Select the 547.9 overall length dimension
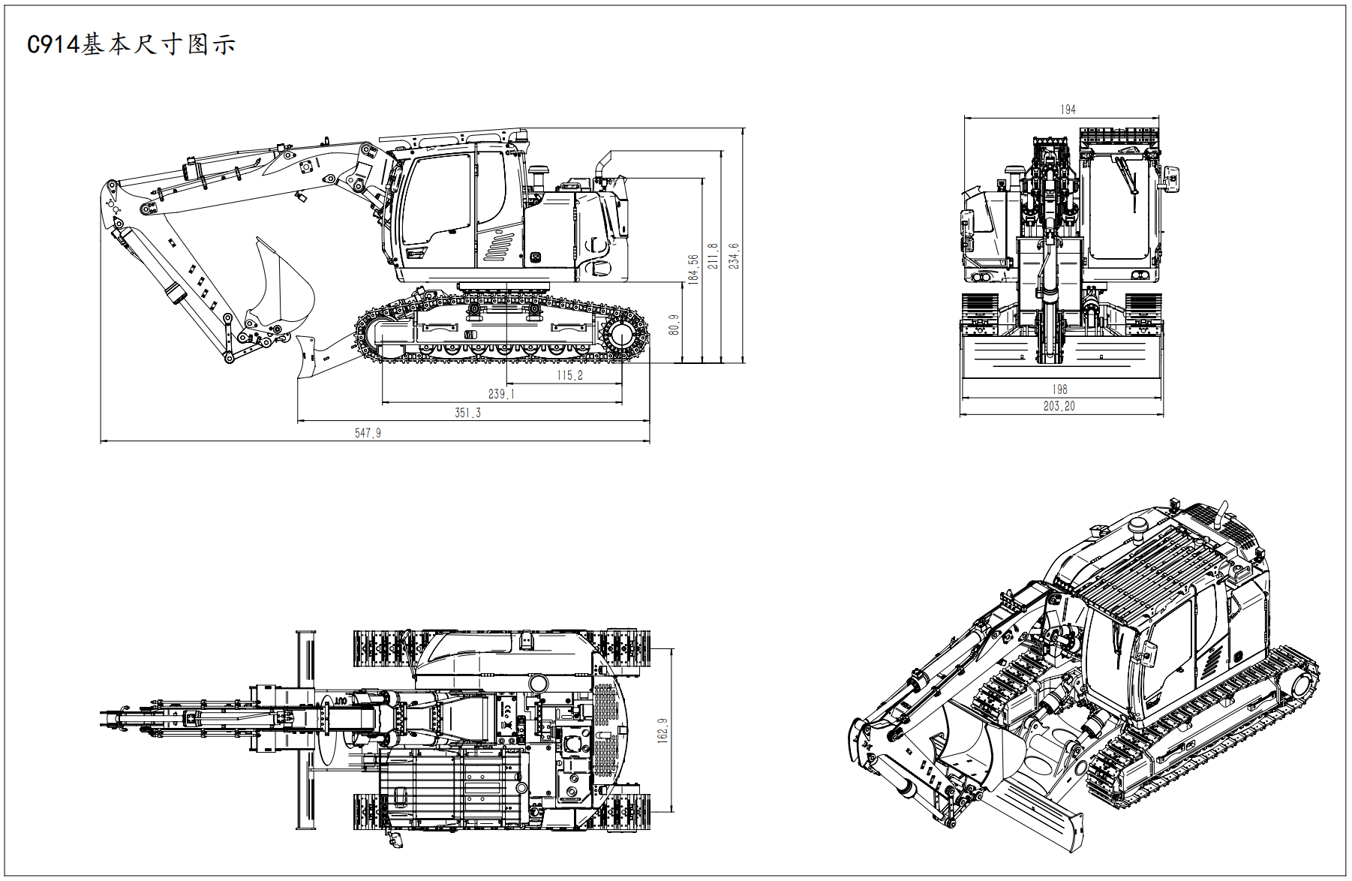click(x=368, y=433)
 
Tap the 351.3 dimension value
click(x=467, y=413)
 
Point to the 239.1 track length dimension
click(x=501, y=394)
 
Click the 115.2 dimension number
click(x=569, y=375)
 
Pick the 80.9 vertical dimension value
click(x=674, y=325)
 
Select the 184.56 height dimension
click(x=693, y=269)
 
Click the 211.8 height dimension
click(x=713, y=256)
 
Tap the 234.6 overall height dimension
click(x=734, y=256)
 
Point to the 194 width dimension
click(x=1068, y=110)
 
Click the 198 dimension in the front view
click(x=1059, y=389)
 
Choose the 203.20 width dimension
click(x=1059, y=406)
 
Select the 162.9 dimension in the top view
click(x=662, y=730)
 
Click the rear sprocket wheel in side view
click(x=621, y=335)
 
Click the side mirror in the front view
click(x=1170, y=178)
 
